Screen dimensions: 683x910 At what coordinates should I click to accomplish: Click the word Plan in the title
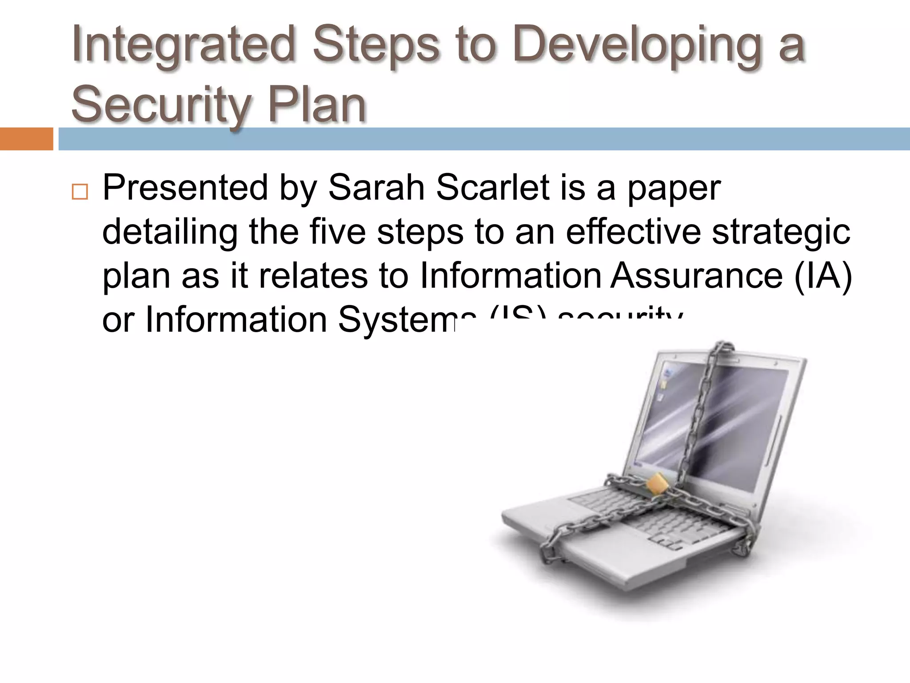[317, 105]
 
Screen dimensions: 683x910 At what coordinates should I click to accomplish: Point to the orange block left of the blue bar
[26, 139]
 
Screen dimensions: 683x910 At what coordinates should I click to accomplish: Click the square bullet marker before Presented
[80, 192]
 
